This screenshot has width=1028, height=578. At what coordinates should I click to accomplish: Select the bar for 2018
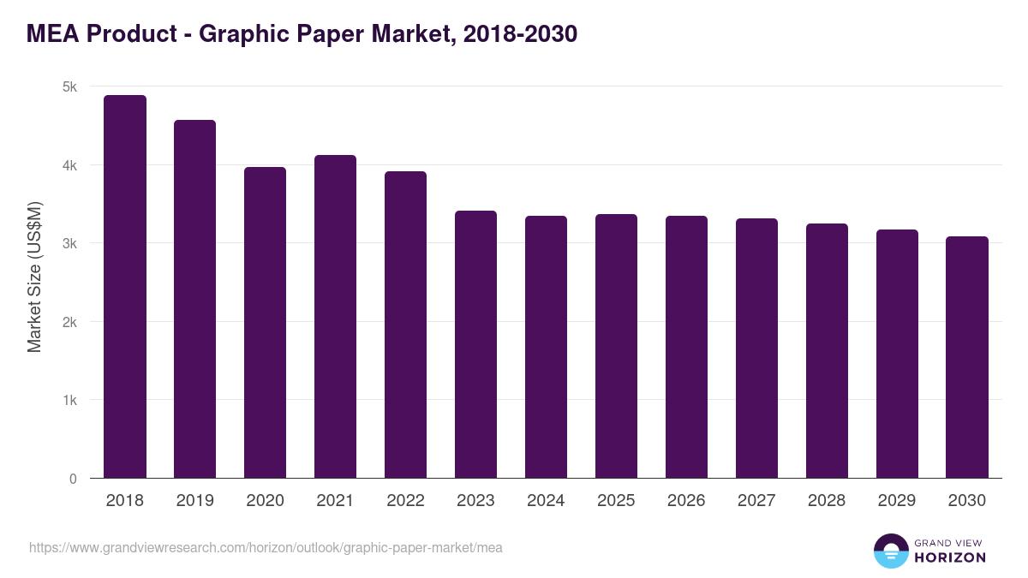[x=125, y=287]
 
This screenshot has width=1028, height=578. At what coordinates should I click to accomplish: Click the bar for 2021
[x=335, y=317]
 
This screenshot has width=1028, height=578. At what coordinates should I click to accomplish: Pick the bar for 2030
[x=967, y=357]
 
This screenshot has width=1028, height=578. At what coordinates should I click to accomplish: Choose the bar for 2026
[x=686, y=347]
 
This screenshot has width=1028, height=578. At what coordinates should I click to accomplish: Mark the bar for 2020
[x=265, y=323]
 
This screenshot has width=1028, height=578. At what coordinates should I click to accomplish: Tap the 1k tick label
[x=69, y=400]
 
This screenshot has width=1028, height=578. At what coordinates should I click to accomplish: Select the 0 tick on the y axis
[x=73, y=479]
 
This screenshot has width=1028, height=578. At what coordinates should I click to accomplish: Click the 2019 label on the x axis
[x=194, y=501]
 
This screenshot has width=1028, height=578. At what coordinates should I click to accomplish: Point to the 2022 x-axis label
[x=405, y=501]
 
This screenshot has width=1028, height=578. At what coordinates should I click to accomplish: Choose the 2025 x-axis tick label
[x=616, y=501]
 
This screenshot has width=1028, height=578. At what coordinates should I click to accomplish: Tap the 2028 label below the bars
[x=827, y=501]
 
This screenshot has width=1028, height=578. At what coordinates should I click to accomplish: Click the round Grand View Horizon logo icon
[x=890, y=551]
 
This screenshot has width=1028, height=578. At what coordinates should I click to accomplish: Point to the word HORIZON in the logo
[x=950, y=557]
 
